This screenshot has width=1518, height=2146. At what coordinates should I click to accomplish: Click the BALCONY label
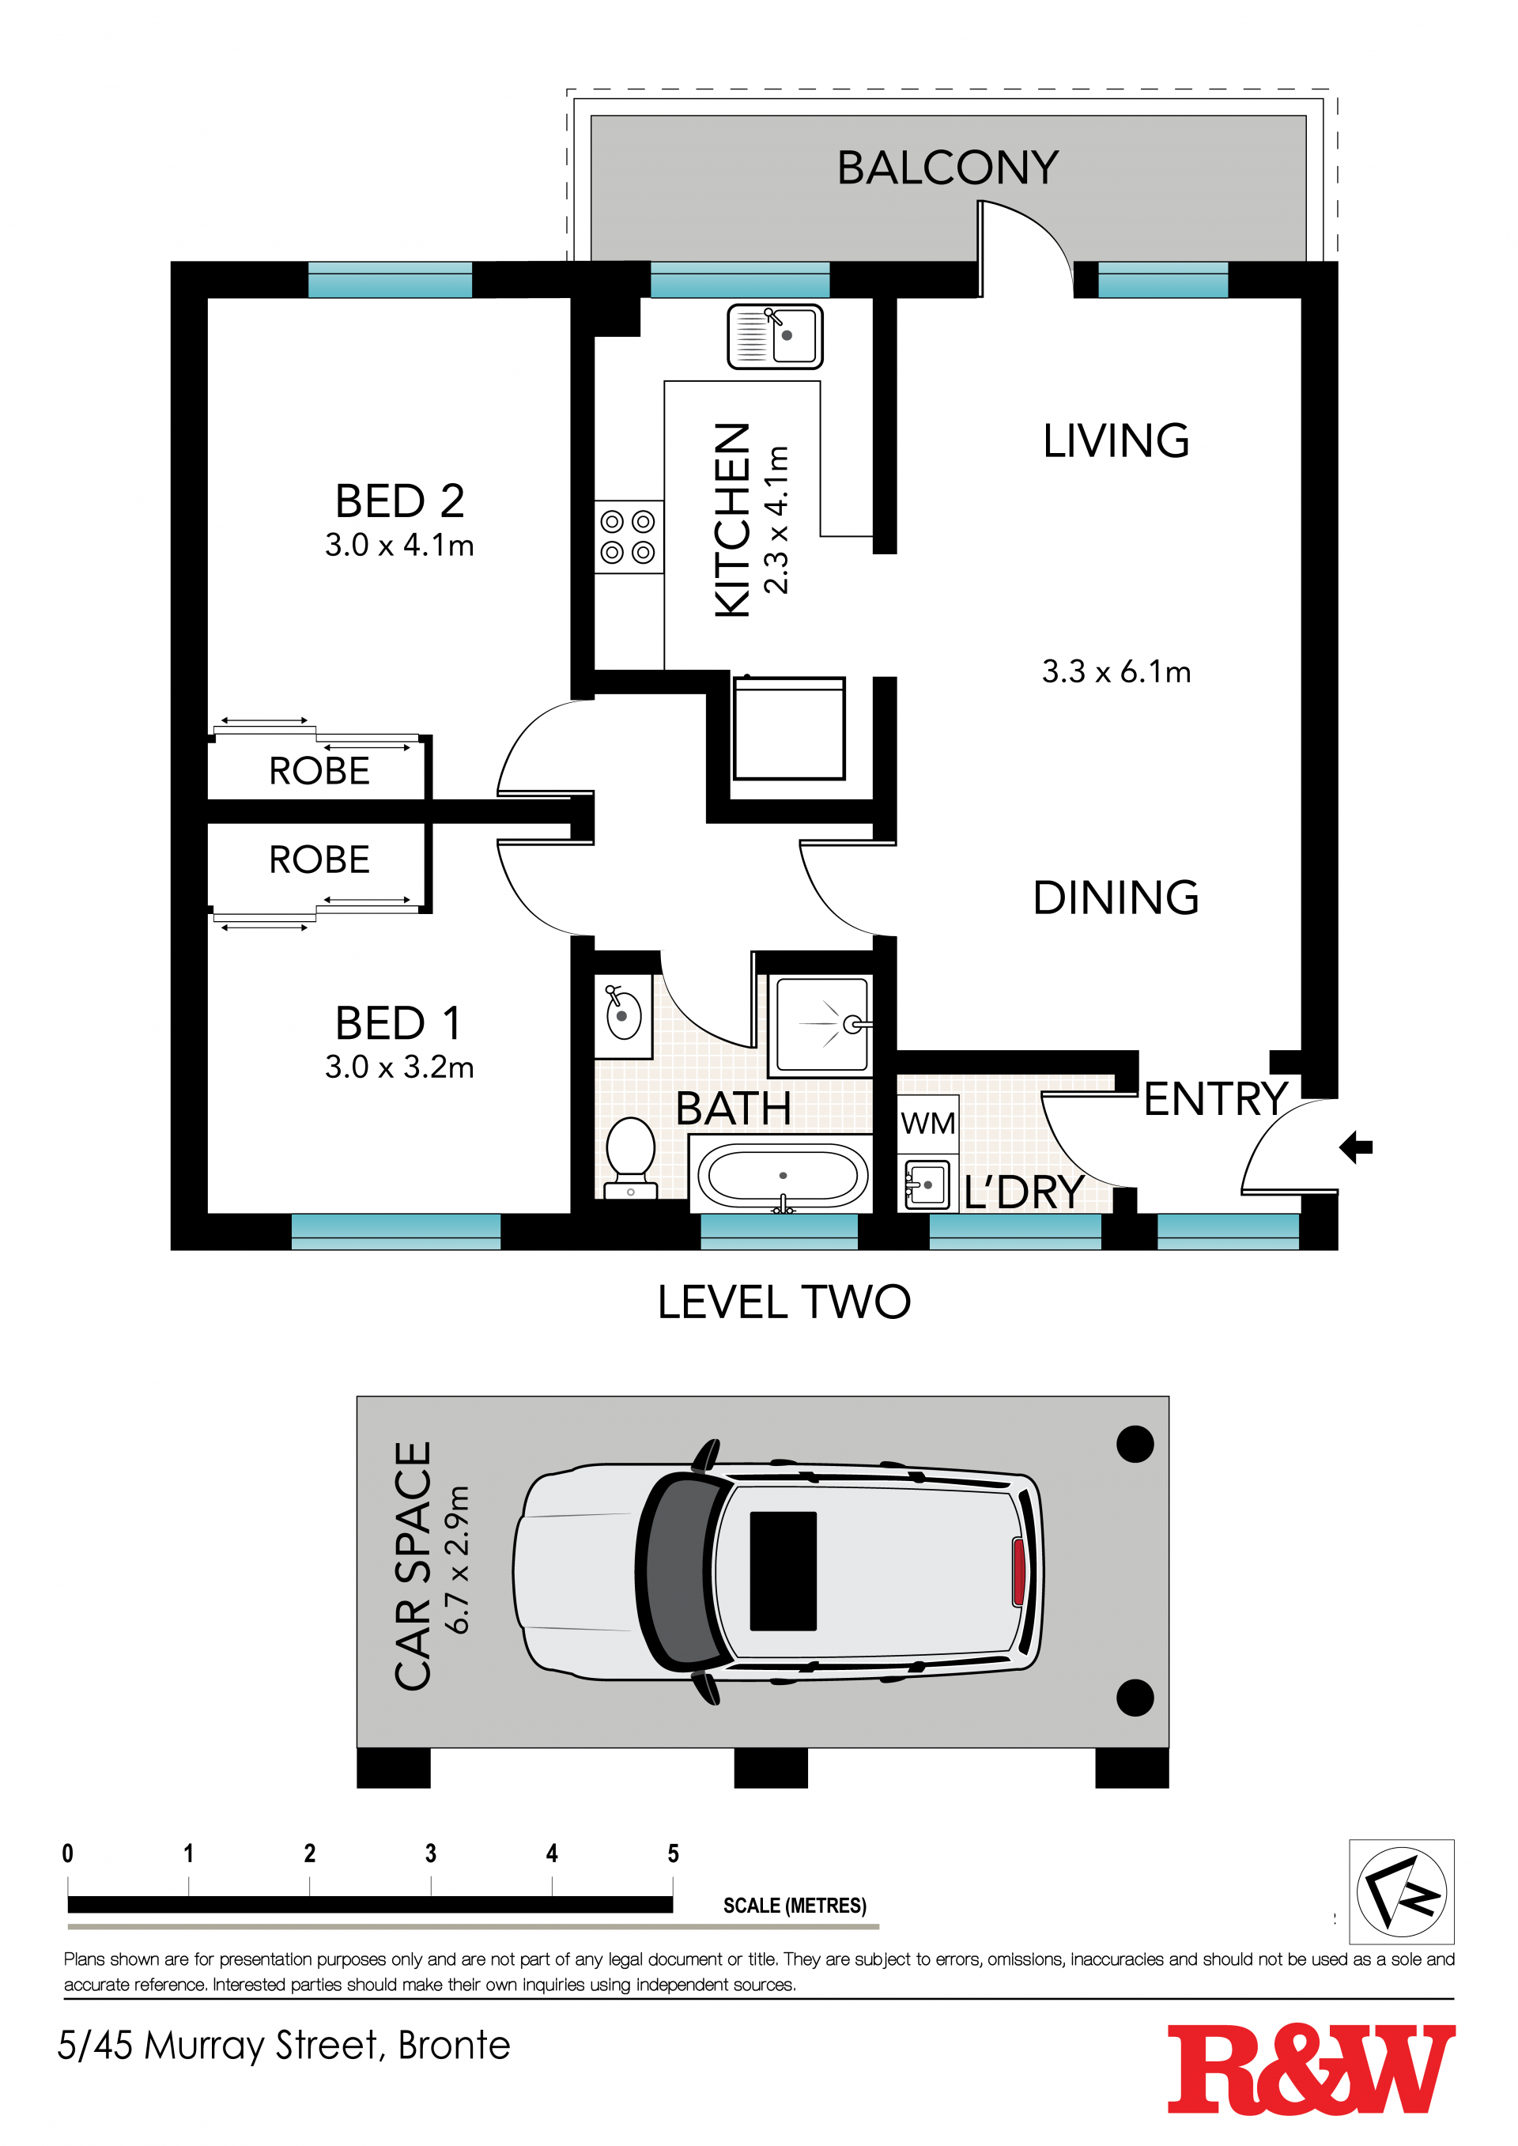pos(948,168)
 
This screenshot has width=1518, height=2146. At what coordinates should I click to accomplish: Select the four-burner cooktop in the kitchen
pos(628,536)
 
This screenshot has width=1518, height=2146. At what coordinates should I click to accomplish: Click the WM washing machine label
pos(927,1123)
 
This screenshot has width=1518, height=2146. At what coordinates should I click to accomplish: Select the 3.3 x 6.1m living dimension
pos(1116,671)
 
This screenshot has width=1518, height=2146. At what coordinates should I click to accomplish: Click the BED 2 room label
pos(400,501)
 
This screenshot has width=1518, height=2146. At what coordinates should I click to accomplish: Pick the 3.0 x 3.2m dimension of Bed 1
pos(400,1067)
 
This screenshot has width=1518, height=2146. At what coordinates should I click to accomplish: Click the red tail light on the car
pos(1018,1572)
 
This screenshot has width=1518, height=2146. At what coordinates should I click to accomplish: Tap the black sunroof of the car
pos(784,1571)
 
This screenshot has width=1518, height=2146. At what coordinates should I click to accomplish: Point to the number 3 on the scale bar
pos(431,1853)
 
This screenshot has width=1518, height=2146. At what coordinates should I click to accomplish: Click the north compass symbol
pos(1401,1891)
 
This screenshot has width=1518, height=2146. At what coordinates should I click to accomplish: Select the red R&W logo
pos(1312,2069)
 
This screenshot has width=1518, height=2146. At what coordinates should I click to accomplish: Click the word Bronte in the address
pos(455,2045)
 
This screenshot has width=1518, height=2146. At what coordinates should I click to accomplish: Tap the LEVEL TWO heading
pos(784,1302)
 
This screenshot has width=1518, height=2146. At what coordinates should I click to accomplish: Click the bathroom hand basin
pos(624,1015)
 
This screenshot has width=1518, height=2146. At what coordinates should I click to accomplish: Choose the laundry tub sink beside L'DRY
pos(927,1184)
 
